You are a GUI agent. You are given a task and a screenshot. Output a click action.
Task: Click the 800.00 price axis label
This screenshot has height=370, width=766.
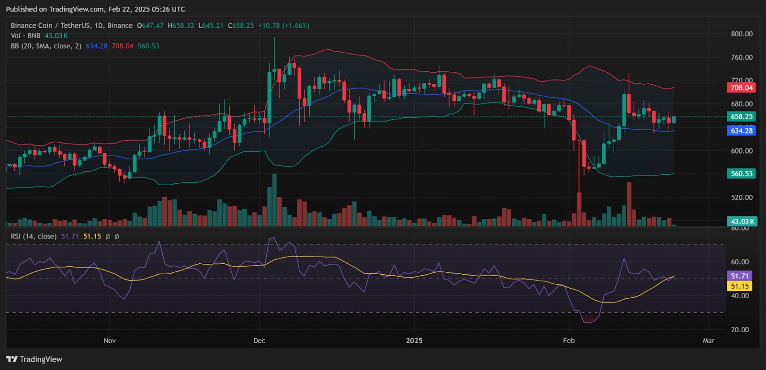coord(742,34)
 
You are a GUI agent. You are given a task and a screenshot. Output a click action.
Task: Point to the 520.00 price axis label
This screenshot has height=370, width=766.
coord(742,197)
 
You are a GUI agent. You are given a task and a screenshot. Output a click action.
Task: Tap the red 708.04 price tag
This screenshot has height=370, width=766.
coord(741,88)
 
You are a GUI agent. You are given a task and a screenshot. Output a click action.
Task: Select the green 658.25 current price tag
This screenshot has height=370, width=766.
coord(741,116)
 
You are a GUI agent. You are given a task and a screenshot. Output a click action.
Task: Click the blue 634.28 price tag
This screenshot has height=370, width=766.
coord(741,131)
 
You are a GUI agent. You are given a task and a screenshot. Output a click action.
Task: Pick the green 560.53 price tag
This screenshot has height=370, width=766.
coord(741,174)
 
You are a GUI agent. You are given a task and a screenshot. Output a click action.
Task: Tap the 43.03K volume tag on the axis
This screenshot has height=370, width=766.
coord(741,221)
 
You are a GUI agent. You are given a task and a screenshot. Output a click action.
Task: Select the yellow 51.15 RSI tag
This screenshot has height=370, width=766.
coord(740,286)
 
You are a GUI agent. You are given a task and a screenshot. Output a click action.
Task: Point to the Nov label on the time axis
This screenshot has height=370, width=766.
coord(110,341)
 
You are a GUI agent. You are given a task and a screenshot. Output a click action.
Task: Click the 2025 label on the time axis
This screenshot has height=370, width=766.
coord(414,341)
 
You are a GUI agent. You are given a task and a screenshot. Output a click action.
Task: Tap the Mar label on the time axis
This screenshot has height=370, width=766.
coord(709,341)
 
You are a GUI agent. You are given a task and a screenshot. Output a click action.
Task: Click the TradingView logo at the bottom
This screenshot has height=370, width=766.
coord(34,359)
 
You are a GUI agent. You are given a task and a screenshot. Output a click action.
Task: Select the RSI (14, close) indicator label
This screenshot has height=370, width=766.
coord(34,236)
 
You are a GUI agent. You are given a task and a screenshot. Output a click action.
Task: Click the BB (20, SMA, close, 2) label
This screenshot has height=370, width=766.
coord(46,46)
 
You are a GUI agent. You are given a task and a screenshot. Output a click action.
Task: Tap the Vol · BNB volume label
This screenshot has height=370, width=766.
coord(25,36)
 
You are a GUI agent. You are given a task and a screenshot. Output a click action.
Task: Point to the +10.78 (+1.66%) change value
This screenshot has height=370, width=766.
coord(283,25)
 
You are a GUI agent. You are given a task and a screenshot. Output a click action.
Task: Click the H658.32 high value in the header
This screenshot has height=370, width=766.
coord(181,25)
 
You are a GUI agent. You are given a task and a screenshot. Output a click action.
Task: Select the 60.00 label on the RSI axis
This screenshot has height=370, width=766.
coord(740,262)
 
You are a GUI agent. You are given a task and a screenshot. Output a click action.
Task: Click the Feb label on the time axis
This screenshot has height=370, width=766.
coord(569,341)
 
